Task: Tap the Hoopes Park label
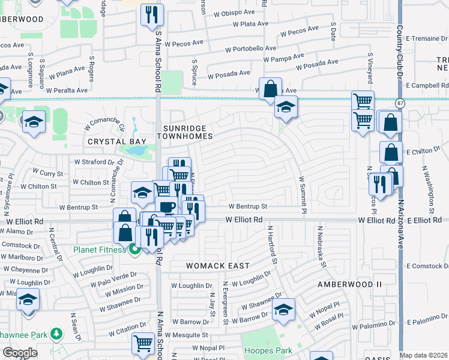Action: coord(267,350)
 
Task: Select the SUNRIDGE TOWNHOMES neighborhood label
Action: coord(185,133)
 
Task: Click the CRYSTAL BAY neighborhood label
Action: coord(117,142)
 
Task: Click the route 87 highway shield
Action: coord(400,104)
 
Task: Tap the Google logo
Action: coord(20,352)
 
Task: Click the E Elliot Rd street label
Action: coord(424,221)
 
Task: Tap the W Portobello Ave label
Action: coord(250,49)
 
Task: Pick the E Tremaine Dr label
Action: coord(426,38)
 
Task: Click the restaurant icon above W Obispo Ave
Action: coord(152,14)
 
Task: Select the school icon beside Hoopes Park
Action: coord(284,310)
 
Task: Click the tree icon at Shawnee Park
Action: coord(56,333)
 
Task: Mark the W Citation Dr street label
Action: coord(123,329)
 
